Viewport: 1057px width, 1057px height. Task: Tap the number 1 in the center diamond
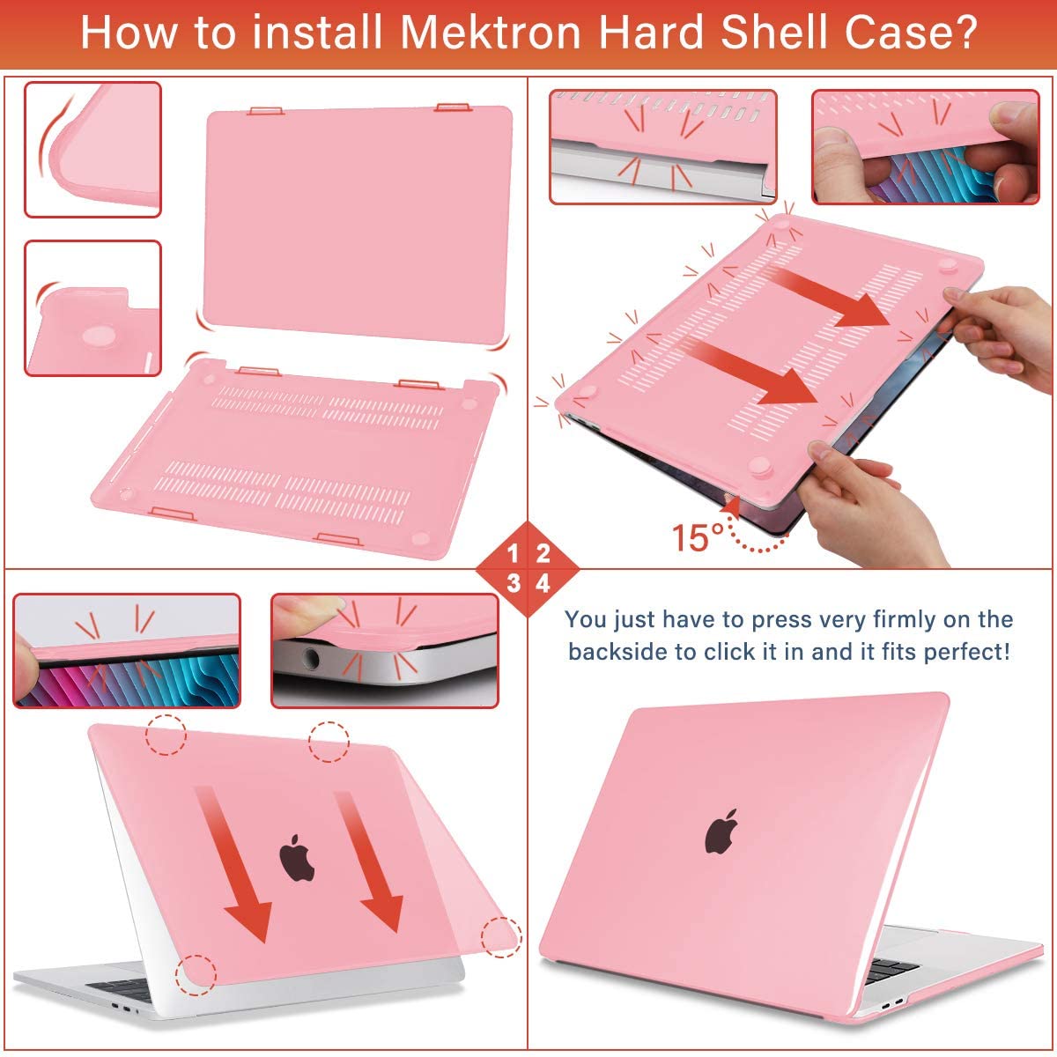click(x=514, y=554)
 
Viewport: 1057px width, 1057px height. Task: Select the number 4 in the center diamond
click(x=543, y=583)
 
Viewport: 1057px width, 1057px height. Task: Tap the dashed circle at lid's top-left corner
click(x=166, y=734)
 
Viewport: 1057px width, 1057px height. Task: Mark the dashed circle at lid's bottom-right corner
click(x=501, y=936)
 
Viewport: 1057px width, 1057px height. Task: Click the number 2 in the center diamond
click(x=543, y=554)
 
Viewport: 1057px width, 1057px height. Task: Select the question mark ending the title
click(x=965, y=33)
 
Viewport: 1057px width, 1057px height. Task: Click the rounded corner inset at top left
click(x=92, y=149)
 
